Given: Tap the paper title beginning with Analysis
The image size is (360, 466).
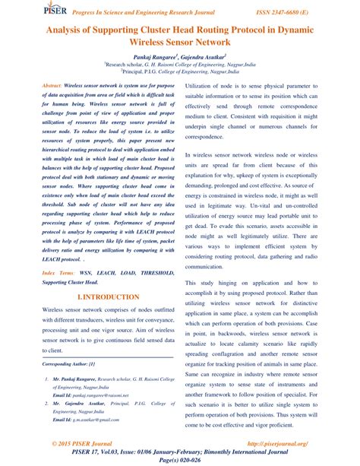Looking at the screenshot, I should click(x=179, y=36).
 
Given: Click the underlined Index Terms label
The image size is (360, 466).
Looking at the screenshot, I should click(x=58, y=271).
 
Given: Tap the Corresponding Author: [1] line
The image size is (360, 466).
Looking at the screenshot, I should click(x=69, y=365).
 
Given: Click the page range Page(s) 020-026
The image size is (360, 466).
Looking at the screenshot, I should click(x=179, y=460).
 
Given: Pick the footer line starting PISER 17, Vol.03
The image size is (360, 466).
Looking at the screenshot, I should click(x=179, y=452).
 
